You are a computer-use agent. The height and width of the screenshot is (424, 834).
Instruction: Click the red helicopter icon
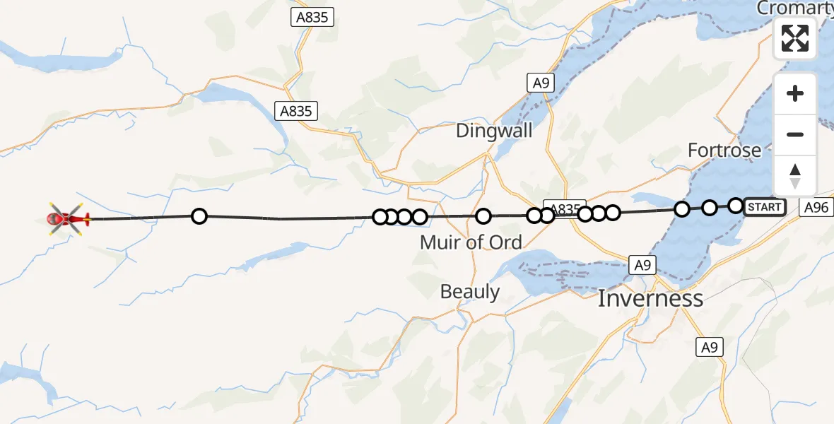67,218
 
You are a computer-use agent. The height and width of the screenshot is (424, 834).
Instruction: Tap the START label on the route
765,207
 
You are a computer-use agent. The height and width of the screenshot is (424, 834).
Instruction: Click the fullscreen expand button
795,38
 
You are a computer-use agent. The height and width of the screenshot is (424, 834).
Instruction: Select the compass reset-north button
795,176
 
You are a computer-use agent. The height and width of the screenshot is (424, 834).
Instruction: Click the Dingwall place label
494,131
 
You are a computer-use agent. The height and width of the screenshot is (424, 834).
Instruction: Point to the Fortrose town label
724,151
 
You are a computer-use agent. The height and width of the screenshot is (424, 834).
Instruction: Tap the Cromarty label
794,8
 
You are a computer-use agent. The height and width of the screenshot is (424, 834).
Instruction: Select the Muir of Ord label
471,242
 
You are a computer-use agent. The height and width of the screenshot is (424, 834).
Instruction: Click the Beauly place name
469,292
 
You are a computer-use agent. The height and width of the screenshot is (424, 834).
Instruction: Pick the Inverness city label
650,298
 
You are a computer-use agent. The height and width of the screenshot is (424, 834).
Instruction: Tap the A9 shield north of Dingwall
541,83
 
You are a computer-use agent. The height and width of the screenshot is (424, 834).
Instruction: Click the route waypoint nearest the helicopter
199,216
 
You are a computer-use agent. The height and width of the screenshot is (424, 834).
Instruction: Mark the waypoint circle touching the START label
736,206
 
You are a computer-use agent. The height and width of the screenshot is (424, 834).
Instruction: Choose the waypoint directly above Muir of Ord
483,216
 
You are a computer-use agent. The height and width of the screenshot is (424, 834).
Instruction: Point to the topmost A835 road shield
312,18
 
